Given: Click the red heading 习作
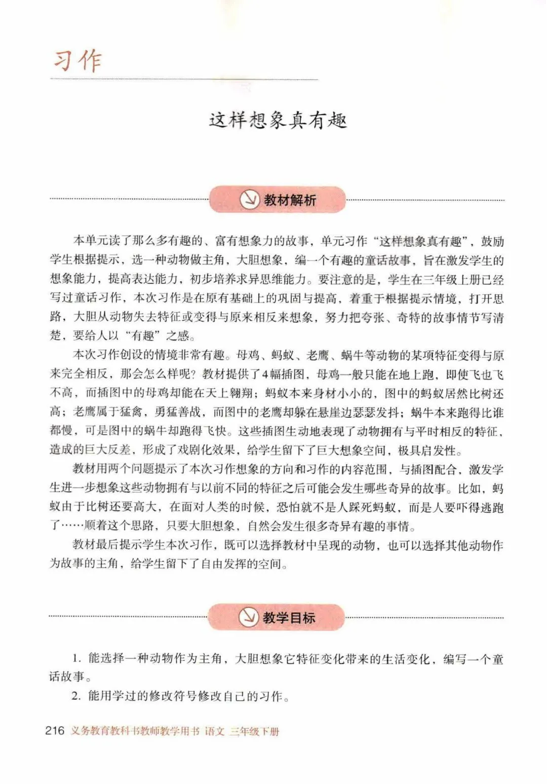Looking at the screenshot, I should [77, 61].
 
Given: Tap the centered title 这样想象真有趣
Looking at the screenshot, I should [278, 121].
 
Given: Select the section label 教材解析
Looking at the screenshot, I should [290, 200].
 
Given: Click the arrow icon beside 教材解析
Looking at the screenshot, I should [249, 200].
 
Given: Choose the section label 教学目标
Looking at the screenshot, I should [289, 618].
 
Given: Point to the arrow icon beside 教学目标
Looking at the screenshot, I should [249, 617].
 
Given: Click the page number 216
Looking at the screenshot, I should [55, 730].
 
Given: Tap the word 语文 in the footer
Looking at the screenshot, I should [215, 731].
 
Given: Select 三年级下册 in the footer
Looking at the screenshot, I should [254, 731].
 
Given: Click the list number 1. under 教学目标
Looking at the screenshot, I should [76, 659].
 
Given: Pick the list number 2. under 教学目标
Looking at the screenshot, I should [76, 696].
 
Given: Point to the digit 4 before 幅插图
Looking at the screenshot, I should [264, 375].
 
